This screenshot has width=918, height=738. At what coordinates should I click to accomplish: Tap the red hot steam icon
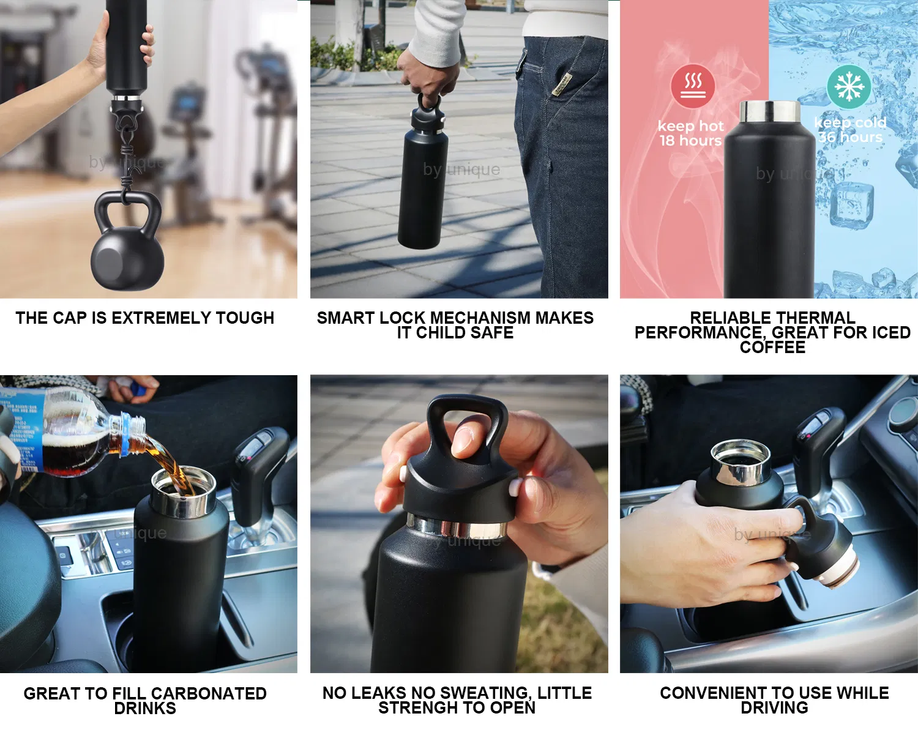tap(693, 86)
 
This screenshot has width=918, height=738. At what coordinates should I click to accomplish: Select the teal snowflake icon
tap(849, 86)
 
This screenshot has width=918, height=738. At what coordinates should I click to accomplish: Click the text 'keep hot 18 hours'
tap(690, 133)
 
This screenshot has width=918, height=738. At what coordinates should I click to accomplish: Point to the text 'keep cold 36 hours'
tap(850, 130)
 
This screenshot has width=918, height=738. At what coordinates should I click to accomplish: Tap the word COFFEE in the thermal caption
tap(772, 348)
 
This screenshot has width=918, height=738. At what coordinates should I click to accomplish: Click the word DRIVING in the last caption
tap(774, 708)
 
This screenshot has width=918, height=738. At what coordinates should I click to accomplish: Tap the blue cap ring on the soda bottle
tap(125, 434)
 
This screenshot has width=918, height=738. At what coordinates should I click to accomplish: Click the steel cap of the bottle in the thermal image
tap(769, 111)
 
